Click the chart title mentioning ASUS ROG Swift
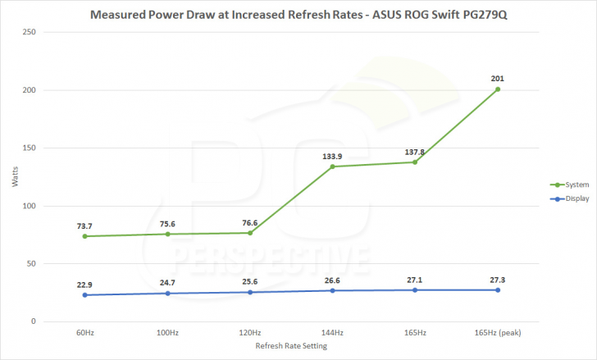[298, 14]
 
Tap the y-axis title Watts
[14, 177]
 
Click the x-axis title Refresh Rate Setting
[291, 347]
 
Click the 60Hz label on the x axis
[84, 333]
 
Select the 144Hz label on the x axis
[332, 333]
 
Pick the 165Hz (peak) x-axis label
[498, 333]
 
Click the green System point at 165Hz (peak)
[498, 89]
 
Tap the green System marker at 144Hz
[332, 166]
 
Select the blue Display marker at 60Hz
[84, 295]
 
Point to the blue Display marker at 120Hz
[250, 292]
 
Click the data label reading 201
[498, 79]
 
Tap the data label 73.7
[84, 226]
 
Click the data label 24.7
[167, 282]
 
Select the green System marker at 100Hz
[167, 235]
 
